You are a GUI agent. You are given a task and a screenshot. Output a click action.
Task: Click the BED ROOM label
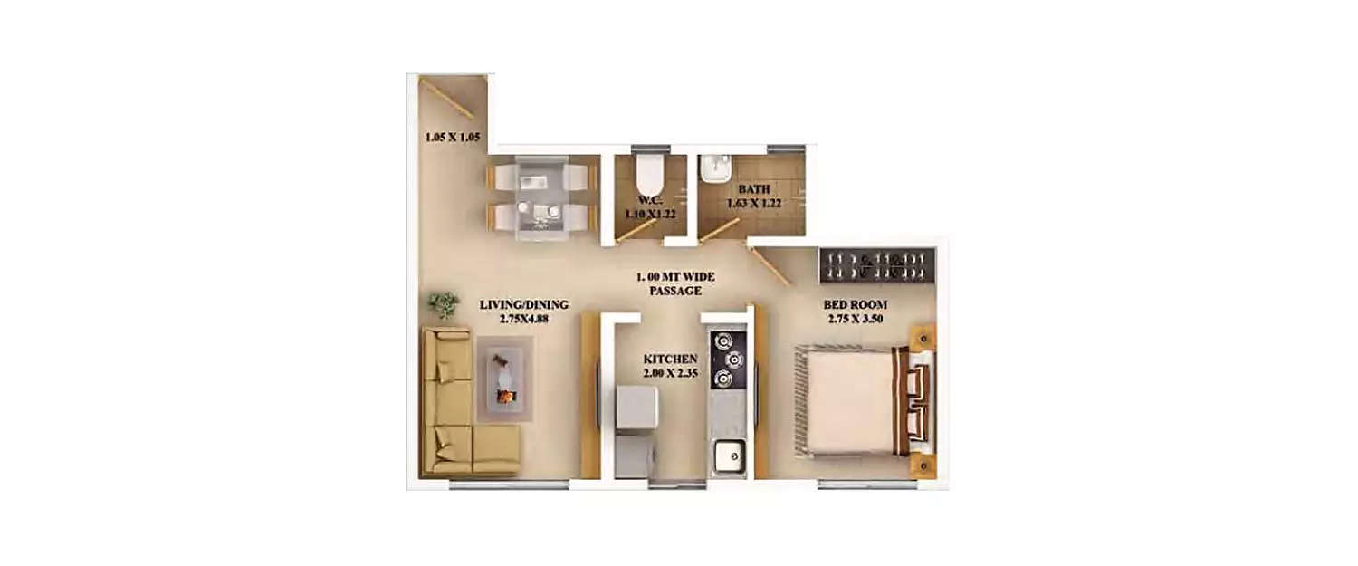pos(855,304)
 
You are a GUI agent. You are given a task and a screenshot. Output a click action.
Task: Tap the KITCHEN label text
pos(671,360)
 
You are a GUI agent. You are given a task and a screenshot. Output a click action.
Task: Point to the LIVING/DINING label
pos(524,304)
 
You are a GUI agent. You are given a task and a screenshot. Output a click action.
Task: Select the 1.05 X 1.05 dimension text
pos(453,137)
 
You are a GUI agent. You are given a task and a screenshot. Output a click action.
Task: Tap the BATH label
pos(754,189)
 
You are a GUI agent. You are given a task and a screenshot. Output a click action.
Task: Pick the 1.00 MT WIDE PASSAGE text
pos(675,284)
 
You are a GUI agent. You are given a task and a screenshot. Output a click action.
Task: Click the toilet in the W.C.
pos(649,173)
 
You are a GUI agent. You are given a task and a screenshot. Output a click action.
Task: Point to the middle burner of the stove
pos(734,360)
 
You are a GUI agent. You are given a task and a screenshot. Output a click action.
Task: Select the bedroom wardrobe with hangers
pos(878,264)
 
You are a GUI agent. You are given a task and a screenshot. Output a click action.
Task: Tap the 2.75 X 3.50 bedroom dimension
pos(855,319)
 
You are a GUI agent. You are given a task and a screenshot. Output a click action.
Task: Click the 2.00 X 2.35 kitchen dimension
pos(671,373)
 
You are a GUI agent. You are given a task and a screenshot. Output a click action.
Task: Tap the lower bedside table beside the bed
pos(923,465)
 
